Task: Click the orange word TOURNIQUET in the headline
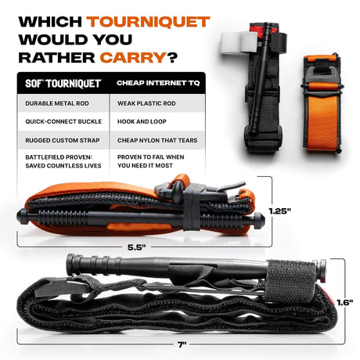[x=148, y=22]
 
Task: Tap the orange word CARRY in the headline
[x=133, y=58]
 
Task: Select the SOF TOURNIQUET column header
[x=63, y=84]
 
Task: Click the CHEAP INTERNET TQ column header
[x=158, y=83]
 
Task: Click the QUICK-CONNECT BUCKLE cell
[x=63, y=121]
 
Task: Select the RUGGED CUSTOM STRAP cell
[x=63, y=140]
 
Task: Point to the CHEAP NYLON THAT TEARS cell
[x=157, y=140]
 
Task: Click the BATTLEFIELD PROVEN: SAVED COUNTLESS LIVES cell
[x=63, y=161]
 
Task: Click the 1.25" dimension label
[x=279, y=211]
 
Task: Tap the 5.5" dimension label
[x=137, y=247]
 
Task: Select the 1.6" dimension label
[x=344, y=303]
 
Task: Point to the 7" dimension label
[x=182, y=345]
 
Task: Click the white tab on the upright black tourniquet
[x=239, y=42]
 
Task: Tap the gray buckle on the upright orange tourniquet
[x=322, y=74]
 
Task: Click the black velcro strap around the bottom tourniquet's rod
[x=290, y=281]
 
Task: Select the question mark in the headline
[x=172, y=58]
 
